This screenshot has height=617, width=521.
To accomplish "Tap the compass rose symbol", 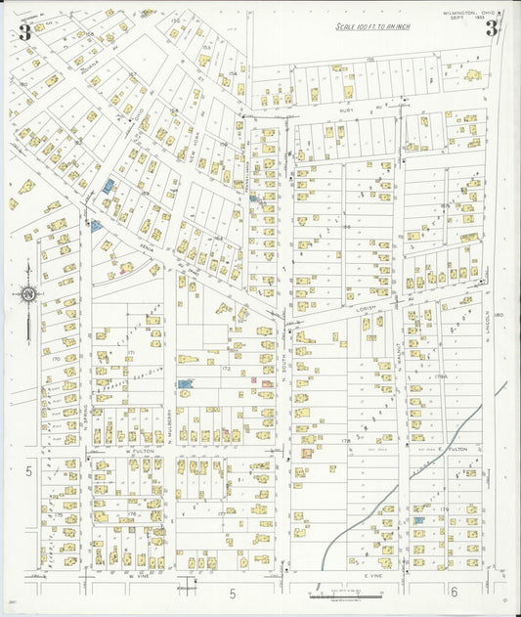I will pos(28,294).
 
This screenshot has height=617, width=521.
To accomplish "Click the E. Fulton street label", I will pos(454,449).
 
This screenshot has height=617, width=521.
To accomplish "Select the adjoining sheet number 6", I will pos(455,593).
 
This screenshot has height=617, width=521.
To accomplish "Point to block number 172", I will pos(226,369).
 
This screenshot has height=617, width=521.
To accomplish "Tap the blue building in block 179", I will pos(419,520).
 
